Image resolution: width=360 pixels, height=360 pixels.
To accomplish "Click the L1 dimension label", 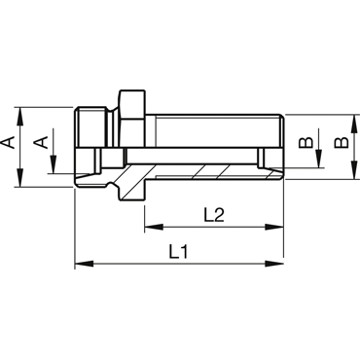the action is click(x=178, y=252).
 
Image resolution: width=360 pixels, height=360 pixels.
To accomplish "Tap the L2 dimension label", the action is click(x=214, y=215).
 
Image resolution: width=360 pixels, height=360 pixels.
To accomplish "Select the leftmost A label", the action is click(x=10, y=143).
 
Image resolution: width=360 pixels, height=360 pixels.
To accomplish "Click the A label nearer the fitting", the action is click(x=42, y=142).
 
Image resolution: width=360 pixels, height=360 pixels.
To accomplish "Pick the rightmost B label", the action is click(x=342, y=143).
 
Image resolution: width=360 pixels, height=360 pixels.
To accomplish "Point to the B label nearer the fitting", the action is click(x=306, y=143).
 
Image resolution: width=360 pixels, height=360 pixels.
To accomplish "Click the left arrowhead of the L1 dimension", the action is click(x=84, y=264).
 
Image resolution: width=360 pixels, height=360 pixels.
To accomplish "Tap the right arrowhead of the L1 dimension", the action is click(x=274, y=264).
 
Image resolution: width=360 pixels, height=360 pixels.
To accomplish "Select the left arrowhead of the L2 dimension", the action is click(x=154, y=227).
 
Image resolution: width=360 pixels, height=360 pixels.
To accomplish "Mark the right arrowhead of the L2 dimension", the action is click(x=274, y=227).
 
